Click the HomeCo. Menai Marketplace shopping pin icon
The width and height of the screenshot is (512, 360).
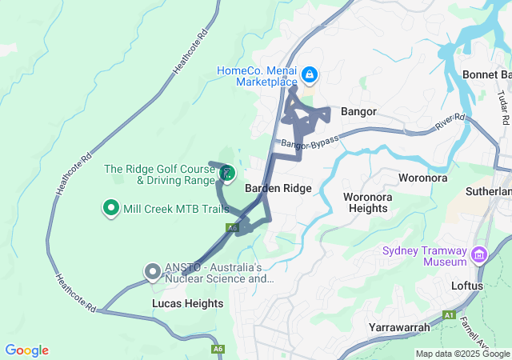pos(309,76)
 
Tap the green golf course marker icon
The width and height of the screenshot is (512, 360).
pos(227,172)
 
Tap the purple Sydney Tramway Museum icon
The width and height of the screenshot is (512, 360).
pos(480,255)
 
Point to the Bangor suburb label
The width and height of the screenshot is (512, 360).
pos(358,111)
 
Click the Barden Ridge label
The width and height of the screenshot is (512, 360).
pos(278,189)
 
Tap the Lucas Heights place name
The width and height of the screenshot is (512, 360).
pos(187,304)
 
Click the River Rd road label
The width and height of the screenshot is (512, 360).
pos(450,122)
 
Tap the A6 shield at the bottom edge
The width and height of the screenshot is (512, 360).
pos(218,350)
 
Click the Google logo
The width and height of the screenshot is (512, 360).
pos(26,350)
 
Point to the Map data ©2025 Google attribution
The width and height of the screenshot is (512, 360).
pos(462,354)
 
